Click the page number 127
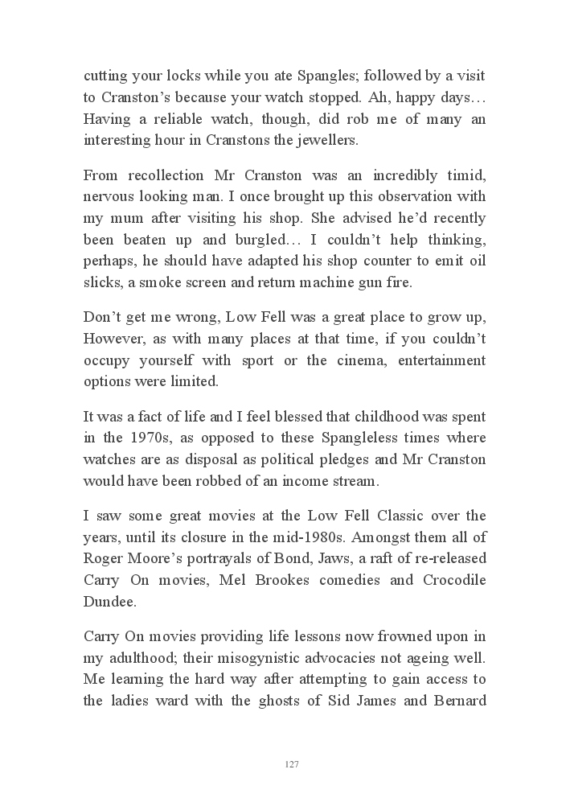click(292, 763)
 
